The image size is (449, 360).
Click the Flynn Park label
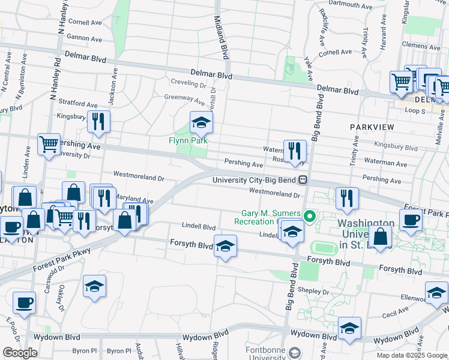tap(188, 140)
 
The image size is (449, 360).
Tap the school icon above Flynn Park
tap(201, 124)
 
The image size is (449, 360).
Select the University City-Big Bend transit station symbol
tap(304, 179)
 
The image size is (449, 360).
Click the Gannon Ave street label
tap(85, 38)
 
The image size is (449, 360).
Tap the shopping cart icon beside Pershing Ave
tap(49, 144)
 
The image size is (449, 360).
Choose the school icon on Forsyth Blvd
tap(225, 247)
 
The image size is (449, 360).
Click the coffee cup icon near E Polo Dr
tap(23, 303)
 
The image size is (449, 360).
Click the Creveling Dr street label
tap(189, 83)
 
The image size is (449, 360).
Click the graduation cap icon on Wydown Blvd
tap(349, 329)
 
